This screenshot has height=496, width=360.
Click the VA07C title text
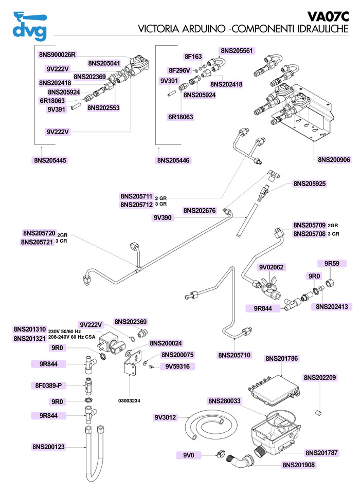(x=328, y=17)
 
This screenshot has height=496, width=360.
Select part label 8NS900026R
(x=57, y=54)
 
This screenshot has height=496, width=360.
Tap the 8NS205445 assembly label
(x=50, y=160)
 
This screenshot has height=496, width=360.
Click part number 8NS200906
(x=334, y=160)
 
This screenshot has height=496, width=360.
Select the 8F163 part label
(x=193, y=57)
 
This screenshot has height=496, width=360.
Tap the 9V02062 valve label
(x=272, y=267)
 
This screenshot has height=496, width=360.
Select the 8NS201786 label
(x=282, y=358)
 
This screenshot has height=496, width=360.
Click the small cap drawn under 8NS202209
(x=318, y=412)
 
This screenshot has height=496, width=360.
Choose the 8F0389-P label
(x=49, y=384)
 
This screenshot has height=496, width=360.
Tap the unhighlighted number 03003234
(x=130, y=399)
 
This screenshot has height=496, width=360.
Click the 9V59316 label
(x=175, y=366)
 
